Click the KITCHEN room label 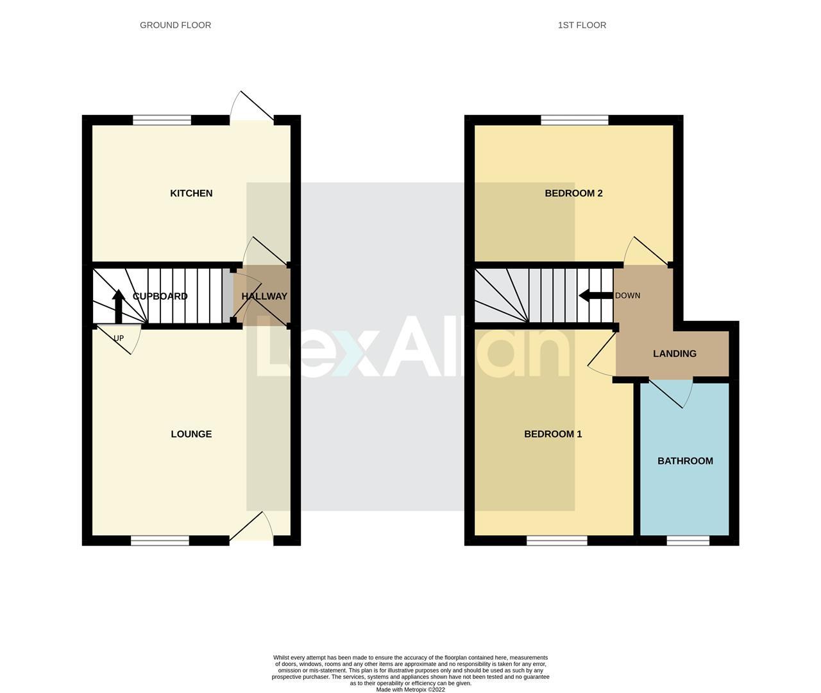point(191,193)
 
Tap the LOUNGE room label point(191,434)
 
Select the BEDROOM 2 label point(573,193)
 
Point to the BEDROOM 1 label point(553,434)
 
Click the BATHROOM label point(685,461)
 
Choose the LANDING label point(674,354)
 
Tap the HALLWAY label point(264,296)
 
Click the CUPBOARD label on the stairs point(160,296)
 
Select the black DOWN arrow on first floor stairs point(595,296)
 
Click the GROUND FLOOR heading point(175,25)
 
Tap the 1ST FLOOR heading point(582,25)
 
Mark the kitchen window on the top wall point(162,119)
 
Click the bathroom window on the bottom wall point(688,541)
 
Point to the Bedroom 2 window point(574,119)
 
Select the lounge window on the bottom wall point(160,541)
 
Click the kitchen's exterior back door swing point(252,107)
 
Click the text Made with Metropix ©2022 point(410,690)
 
